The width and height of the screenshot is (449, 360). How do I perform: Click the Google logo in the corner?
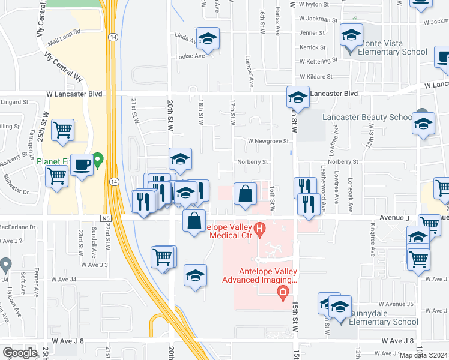coord(20,353)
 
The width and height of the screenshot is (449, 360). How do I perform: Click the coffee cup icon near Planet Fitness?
coord(81,163)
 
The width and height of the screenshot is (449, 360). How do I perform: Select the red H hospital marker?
coord(259,228)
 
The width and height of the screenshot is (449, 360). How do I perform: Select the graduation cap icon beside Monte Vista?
coord(351,35)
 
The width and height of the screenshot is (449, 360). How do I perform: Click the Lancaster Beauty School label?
coord(367,117)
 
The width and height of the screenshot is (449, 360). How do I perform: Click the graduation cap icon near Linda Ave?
coord(208,39)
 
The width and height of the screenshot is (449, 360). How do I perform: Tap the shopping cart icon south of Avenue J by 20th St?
coord(163,257)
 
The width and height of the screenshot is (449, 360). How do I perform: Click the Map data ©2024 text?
coord(423,355)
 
